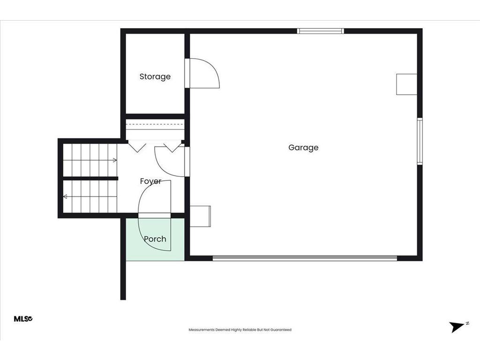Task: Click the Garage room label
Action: click(x=303, y=148)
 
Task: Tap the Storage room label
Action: click(x=155, y=76)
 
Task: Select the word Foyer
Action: click(x=150, y=181)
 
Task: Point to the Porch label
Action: click(x=155, y=239)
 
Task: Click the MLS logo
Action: click(x=23, y=319)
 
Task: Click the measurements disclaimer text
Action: click(x=240, y=330)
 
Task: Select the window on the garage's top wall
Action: click(x=321, y=31)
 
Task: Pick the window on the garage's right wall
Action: click(x=420, y=141)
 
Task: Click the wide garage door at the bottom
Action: click(x=305, y=258)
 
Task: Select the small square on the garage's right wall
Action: click(x=406, y=84)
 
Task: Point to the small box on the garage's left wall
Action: click(x=200, y=216)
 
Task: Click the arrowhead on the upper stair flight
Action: click(x=115, y=160)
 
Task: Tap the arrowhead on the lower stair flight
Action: click(x=65, y=196)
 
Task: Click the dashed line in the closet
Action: click(x=155, y=125)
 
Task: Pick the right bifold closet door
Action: click(x=172, y=146)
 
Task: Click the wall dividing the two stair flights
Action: click(x=90, y=178)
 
